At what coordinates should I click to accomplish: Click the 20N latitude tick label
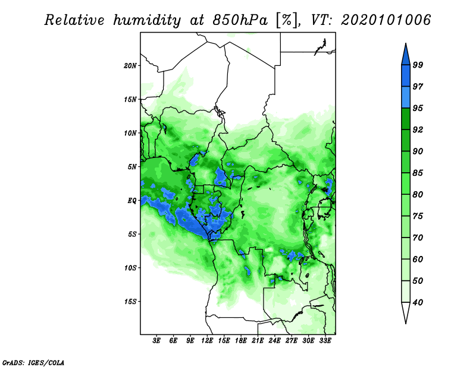click(x=130, y=65)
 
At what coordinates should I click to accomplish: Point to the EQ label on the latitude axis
click(x=132, y=201)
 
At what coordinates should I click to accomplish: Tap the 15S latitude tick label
click(x=130, y=302)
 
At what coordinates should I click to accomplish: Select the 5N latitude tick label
click(x=132, y=167)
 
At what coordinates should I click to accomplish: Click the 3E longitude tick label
click(x=156, y=341)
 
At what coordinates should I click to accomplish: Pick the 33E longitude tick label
click(x=325, y=341)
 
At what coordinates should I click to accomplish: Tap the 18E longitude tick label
click(x=241, y=341)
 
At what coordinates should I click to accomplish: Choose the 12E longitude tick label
click(x=207, y=341)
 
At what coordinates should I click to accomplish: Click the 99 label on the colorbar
click(x=418, y=65)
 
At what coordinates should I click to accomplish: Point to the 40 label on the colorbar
click(x=418, y=302)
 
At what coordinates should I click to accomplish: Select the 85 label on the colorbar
click(x=418, y=173)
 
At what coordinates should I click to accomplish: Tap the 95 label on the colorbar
click(x=418, y=108)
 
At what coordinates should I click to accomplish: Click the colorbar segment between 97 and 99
click(x=406, y=76)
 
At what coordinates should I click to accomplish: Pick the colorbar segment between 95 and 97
click(x=406, y=97)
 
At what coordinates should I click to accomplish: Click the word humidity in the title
click(x=147, y=20)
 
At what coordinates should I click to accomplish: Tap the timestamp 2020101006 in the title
click(x=386, y=20)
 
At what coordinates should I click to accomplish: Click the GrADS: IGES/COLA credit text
click(x=33, y=362)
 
